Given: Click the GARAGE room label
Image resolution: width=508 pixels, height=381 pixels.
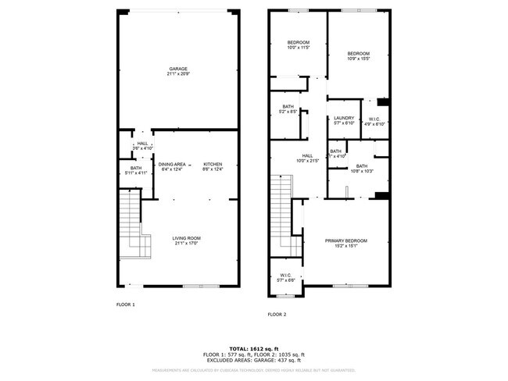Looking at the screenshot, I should [x=177, y=71].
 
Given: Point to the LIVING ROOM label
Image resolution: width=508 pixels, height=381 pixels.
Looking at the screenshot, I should [x=187, y=240].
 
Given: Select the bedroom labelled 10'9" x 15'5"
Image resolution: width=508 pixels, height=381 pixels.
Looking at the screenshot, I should [x=358, y=55].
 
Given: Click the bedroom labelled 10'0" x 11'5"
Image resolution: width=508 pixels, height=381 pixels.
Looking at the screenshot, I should [x=299, y=45].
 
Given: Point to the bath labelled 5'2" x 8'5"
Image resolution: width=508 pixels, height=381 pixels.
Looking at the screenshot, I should [x=288, y=109].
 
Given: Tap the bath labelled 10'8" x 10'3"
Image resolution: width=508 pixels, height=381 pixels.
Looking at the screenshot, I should [x=361, y=168].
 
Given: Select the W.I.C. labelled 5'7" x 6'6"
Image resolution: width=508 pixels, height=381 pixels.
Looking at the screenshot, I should [x=285, y=277].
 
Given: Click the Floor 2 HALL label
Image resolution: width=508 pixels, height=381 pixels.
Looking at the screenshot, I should [x=298, y=158].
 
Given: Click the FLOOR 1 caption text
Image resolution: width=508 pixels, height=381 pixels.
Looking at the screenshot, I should [x=125, y=304].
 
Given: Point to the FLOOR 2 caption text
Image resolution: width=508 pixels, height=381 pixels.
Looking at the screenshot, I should [x=277, y=314].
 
